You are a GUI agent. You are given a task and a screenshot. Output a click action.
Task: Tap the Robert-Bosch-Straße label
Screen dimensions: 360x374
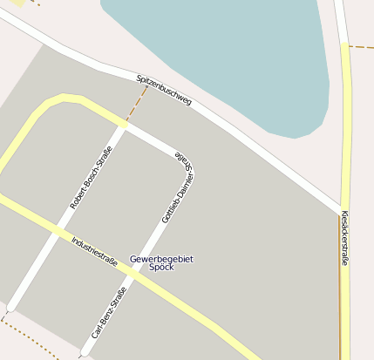point(92,178)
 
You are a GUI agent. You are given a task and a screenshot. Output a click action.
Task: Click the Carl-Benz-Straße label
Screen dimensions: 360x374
point(109,312)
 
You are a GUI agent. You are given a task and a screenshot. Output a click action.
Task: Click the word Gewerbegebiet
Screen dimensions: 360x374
point(161,259)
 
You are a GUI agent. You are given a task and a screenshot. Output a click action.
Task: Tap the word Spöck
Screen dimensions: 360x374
point(161,268)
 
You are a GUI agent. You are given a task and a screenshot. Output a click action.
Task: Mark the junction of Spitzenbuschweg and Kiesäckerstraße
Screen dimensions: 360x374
point(341,212)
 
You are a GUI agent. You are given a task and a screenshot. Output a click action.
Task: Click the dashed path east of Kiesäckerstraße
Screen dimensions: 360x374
point(361,46)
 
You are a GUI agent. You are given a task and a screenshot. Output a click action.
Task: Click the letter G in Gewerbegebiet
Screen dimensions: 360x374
point(133,259)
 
